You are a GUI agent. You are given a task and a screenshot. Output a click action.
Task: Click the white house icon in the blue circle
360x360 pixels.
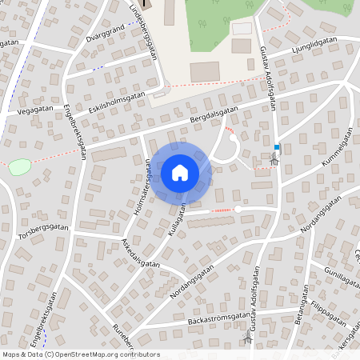tap(180, 173)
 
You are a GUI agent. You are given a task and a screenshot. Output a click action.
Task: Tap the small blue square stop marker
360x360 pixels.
tap(277, 147)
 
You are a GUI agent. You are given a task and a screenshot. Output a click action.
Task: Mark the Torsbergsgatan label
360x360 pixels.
tap(43, 228)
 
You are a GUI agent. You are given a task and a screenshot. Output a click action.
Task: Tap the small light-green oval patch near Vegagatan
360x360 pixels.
tap(20, 166)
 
